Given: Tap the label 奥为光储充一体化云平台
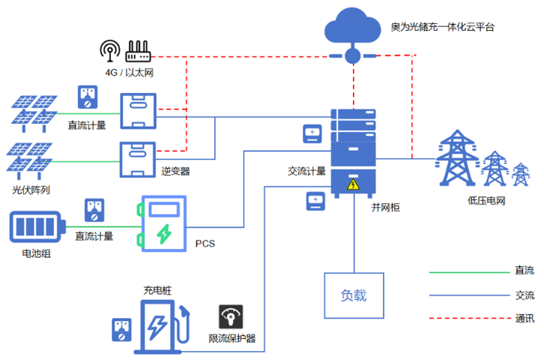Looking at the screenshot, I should click(x=442, y=28).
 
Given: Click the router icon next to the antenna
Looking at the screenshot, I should click(x=139, y=51).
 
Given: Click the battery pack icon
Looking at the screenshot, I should click(x=36, y=226).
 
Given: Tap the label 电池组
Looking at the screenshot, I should click(x=37, y=253).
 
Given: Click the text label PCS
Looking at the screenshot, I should click(x=205, y=243).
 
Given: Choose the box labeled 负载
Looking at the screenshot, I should click(x=354, y=295).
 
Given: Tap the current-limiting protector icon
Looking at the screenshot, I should click(x=232, y=316).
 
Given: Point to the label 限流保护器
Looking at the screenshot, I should click(x=232, y=338).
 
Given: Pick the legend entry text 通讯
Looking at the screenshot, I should click(x=525, y=319).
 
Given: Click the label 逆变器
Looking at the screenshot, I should click(x=175, y=171).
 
